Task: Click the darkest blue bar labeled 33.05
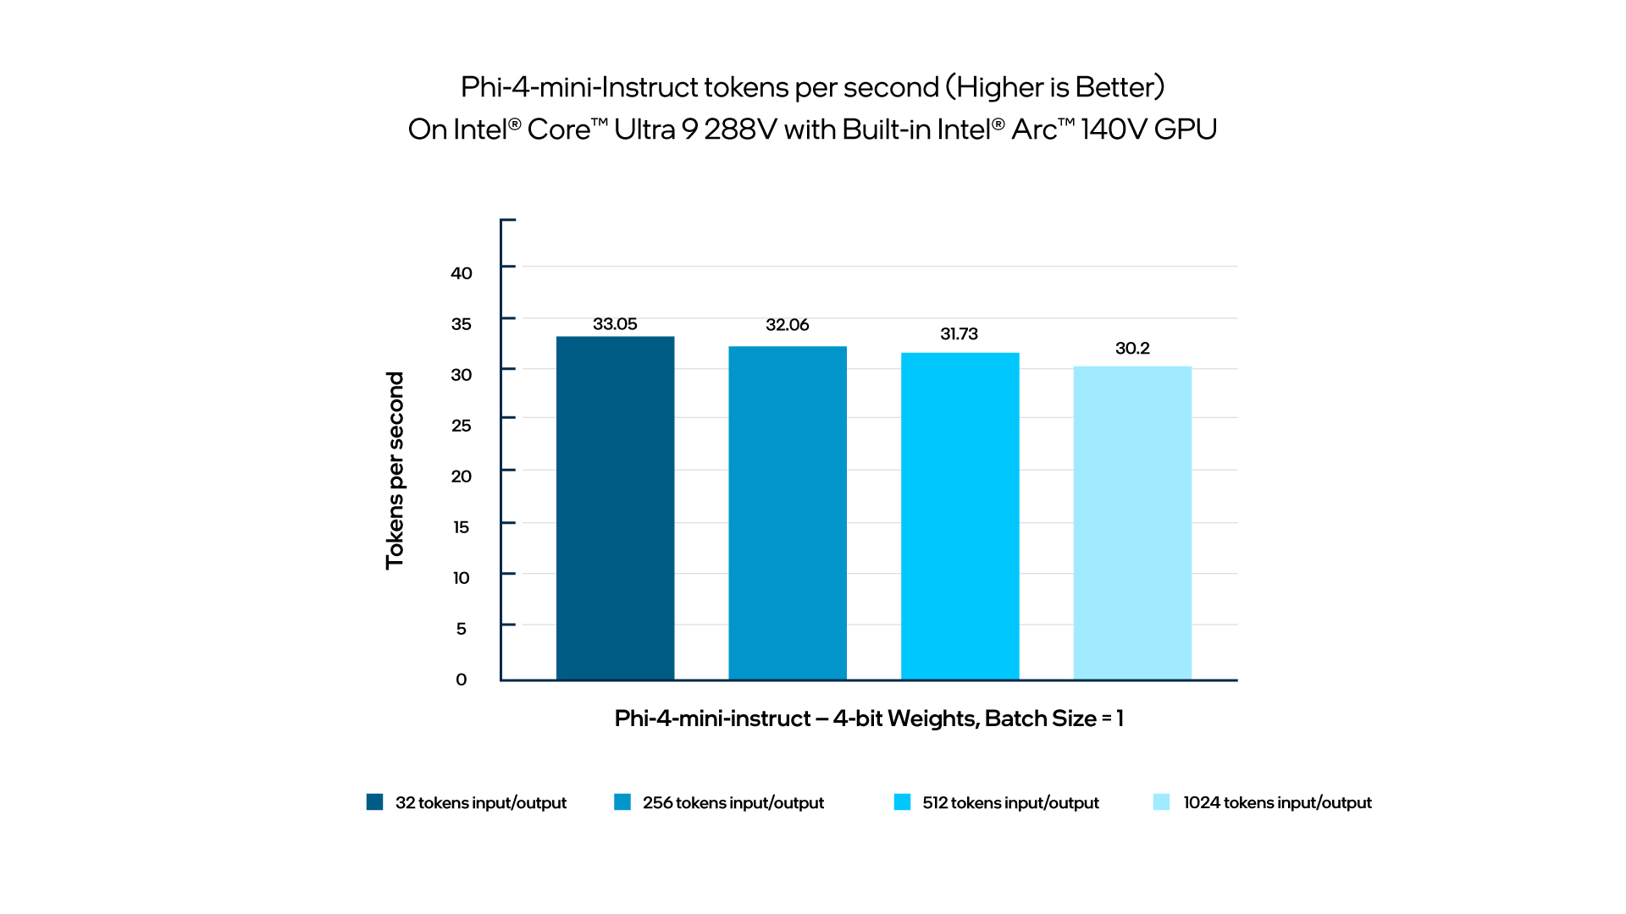pos(615,508)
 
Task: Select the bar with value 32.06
pos(788,513)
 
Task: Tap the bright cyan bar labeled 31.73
pos(960,516)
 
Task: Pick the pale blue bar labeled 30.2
pos(1132,523)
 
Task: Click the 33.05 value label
pos(615,324)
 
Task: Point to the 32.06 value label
pos(788,325)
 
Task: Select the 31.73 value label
pos(959,334)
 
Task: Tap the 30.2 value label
pos(1132,349)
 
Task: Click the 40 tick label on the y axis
pos(462,273)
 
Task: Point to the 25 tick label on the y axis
pos(462,426)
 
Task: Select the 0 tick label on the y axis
pos(462,680)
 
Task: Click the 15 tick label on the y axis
pos(462,527)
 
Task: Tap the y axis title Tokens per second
pos(395,471)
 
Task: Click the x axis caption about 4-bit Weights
pos(869,719)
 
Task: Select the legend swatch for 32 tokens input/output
pos(374,802)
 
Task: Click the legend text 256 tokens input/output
pos(733,803)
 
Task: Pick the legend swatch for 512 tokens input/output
pos(902,802)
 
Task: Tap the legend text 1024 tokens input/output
pos(1277,803)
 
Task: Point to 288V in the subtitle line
pos(740,129)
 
